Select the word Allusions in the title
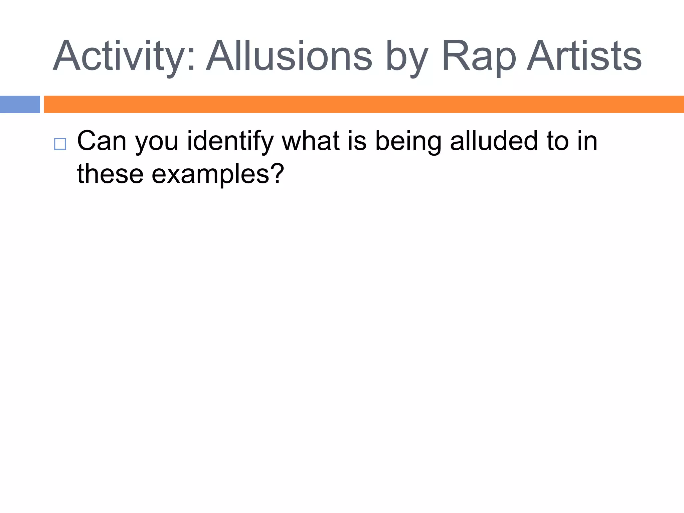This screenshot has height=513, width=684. [x=289, y=56]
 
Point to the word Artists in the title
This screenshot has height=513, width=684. [x=584, y=56]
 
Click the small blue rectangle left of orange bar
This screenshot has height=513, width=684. [x=20, y=104]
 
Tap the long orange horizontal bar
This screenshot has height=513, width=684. [x=364, y=104]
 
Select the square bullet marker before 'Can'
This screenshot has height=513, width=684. [x=60, y=144]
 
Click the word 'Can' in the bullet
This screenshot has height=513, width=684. [x=102, y=141]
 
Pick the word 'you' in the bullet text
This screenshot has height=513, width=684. [x=157, y=143]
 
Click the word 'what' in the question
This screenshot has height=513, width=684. [x=311, y=141]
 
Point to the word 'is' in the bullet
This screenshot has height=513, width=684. [x=357, y=141]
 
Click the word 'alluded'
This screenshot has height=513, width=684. [x=494, y=141]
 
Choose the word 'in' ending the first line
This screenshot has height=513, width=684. [x=587, y=141]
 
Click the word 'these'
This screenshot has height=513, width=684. [x=110, y=174]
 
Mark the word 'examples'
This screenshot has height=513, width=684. [x=210, y=175]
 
